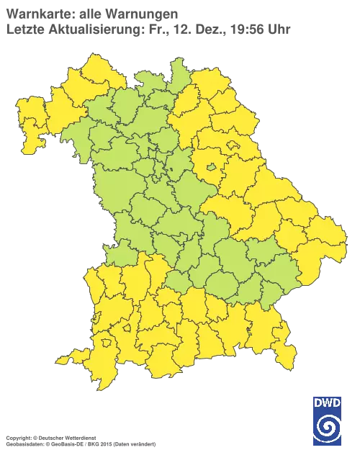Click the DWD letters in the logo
point(328,402)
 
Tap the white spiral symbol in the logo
point(328,426)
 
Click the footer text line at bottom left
point(65,437)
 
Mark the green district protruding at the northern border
point(177,71)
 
